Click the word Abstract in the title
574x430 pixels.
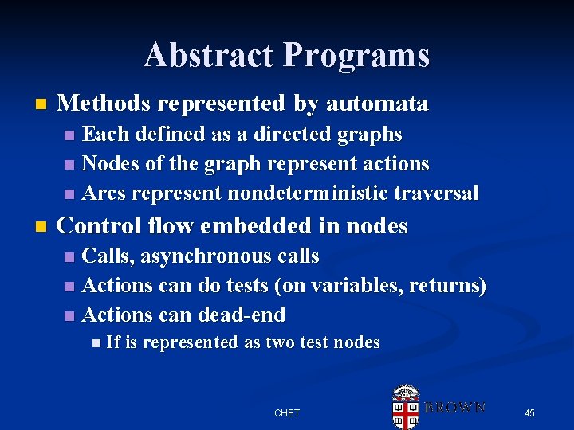pos(209,56)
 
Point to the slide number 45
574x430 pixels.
pos(529,412)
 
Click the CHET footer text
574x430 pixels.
pos(287,412)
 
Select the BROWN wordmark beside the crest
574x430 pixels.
pos(455,408)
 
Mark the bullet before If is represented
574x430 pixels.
pos(96,343)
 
